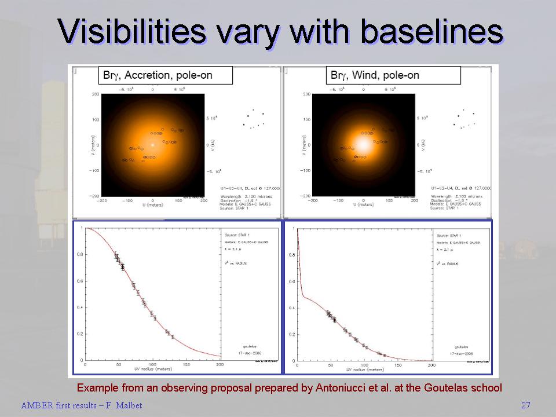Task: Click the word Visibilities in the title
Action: [x=131, y=32]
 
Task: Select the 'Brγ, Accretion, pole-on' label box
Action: [x=165, y=75]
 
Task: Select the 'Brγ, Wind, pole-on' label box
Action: [x=394, y=75]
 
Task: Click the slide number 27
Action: [x=526, y=405]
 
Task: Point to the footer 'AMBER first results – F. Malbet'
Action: [x=81, y=405]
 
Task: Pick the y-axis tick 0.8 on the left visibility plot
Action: [x=80, y=255]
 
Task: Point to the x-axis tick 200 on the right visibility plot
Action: [x=432, y=365]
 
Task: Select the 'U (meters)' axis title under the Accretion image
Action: [x=152, y=205]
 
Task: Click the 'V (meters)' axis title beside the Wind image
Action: [x=304, y=146]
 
